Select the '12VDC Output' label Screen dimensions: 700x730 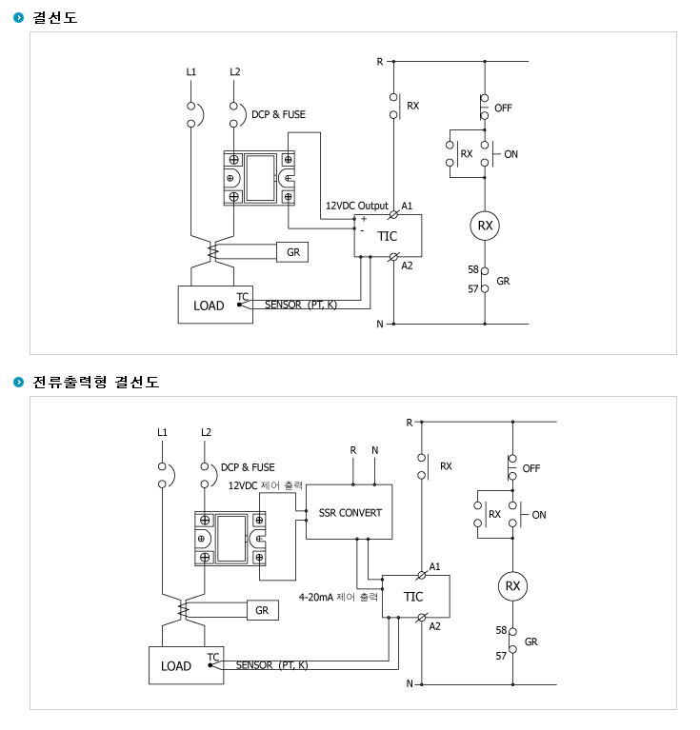click(x=357, y=206)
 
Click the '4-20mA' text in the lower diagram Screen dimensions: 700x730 click(x=315, y=597)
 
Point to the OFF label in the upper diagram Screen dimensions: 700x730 click(x=503, y=108)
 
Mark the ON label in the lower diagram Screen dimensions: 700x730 click(x=539, y=515)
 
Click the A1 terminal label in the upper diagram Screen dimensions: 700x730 click(x=407, y=206)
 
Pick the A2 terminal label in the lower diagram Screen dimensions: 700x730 click(x=434, y=626)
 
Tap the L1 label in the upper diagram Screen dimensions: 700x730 click(x=190, y=71)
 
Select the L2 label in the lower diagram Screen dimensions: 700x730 click(x=206, y=432)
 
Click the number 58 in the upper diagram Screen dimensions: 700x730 click(x=473, y=269)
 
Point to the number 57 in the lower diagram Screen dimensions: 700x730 click(x=501, y=656)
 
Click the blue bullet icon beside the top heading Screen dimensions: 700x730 click(x=19, y=18)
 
